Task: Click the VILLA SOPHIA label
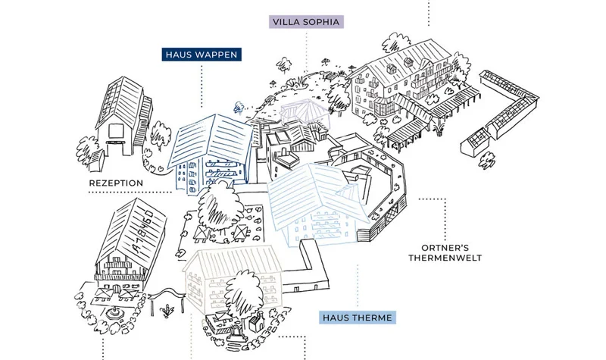(306, 22)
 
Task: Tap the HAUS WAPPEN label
(202, 55)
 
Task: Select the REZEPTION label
(116, 183)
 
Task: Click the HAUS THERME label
(357, 318)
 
